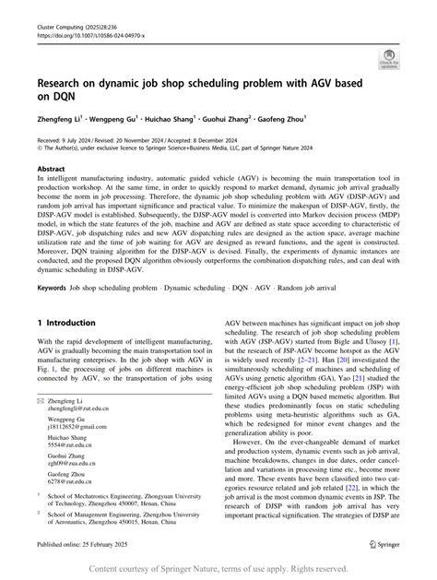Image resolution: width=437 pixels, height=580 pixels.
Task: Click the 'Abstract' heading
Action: pyautogui.click(x=51, y=170)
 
